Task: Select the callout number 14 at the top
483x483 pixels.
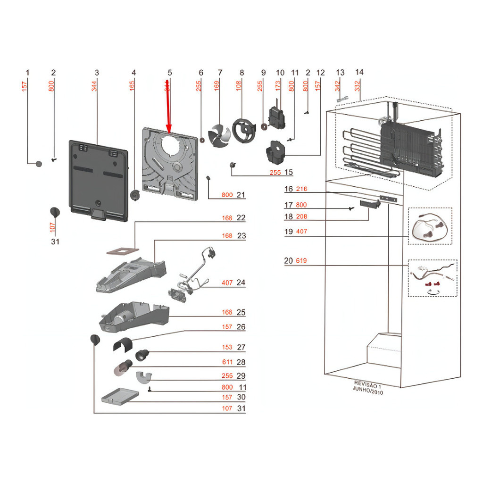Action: (359, 72)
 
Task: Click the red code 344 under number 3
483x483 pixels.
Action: (95, 86)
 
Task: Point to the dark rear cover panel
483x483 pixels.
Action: (98, 179)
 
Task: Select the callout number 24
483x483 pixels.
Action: (241, 283)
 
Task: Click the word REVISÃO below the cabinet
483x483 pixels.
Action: (364, 383)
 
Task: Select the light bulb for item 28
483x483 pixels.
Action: (121, 366)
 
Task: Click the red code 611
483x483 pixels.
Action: (227, 362)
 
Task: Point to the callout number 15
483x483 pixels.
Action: (289, 172)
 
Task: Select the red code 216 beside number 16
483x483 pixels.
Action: (301, 189)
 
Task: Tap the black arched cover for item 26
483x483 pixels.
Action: (122, 346)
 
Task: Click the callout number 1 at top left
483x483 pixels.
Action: (27, 73)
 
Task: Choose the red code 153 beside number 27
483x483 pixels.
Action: (227, 347)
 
